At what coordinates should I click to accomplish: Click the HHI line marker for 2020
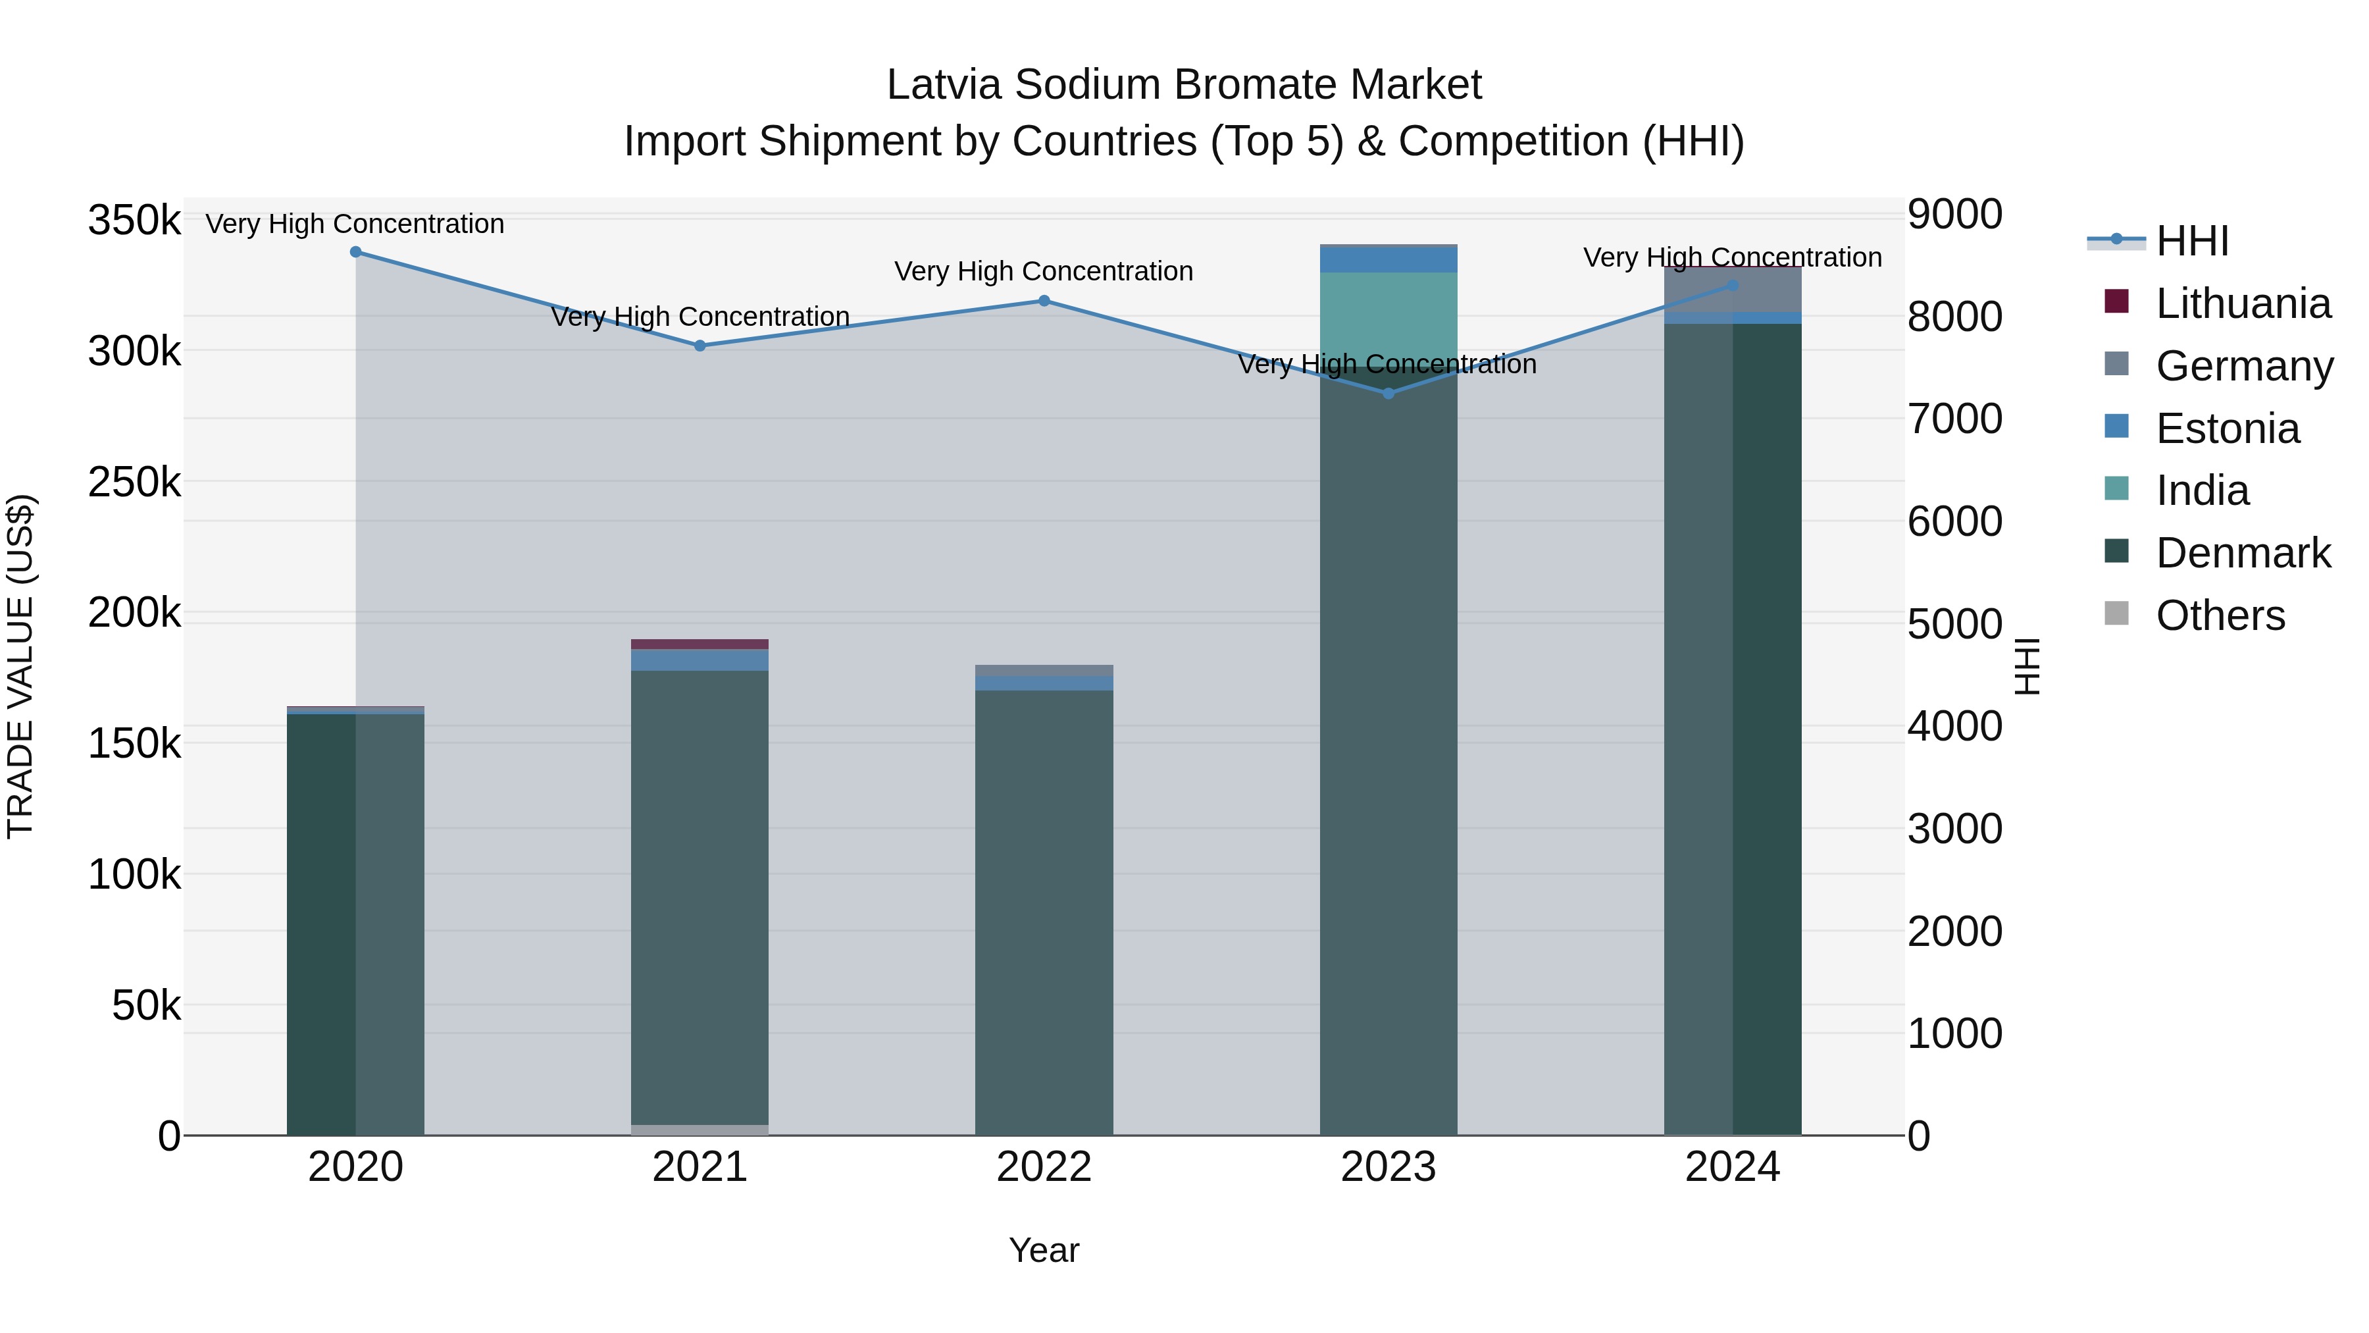coord(356,252)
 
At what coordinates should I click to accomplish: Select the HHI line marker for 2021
coord(700,346)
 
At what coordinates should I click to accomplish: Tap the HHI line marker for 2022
coord(1044,301)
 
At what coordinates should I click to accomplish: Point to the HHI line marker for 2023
coord(1388,394)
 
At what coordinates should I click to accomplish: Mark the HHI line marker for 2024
coord(1733,285)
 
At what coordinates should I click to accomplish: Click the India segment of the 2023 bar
coord(1388,317)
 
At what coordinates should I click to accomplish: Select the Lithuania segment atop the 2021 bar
coord(700,644)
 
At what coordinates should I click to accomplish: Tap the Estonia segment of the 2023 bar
coord(1388,259)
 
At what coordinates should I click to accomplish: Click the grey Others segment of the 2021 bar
coord(700,1130)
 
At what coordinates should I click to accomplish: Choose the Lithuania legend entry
coord(2242,303)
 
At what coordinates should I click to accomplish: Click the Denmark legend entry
coord(2242,553)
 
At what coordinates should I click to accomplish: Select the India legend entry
coord(2202,490)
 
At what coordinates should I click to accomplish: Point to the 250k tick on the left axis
coord(134,482)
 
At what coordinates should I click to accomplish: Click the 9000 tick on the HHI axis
coord(1954,215)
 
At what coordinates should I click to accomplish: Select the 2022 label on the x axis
coord(1044,1167)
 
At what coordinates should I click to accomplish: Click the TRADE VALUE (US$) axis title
coord(20,666)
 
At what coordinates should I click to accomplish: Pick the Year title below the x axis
coord(1044,1250)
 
